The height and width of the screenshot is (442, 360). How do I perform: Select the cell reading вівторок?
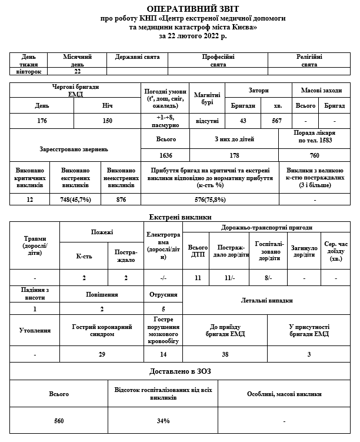(x=29, y=71)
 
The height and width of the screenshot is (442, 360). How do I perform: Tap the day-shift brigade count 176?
(x=42, y=121)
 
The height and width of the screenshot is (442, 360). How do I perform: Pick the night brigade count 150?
(x=108, y=121)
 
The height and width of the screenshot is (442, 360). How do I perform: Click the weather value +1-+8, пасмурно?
(x=165, y=121)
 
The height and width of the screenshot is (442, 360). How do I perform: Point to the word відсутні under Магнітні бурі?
(x=207, y=121)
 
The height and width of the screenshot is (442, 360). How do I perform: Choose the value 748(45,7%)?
(x=75, y=200)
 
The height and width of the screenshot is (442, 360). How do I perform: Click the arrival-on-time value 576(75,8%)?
(x=209, y=200)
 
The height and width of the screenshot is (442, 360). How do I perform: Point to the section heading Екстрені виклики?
(x=179, y=218)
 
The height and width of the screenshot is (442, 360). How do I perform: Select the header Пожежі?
(x=102, y=233)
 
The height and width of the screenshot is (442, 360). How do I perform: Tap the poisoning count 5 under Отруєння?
(x=163, y=308)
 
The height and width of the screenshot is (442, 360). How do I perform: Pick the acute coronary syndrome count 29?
(x=101, y=354)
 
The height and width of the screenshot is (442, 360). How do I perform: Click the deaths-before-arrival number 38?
(x=225, y=354)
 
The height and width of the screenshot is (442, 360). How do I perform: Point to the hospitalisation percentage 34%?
(x=163, y=421)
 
